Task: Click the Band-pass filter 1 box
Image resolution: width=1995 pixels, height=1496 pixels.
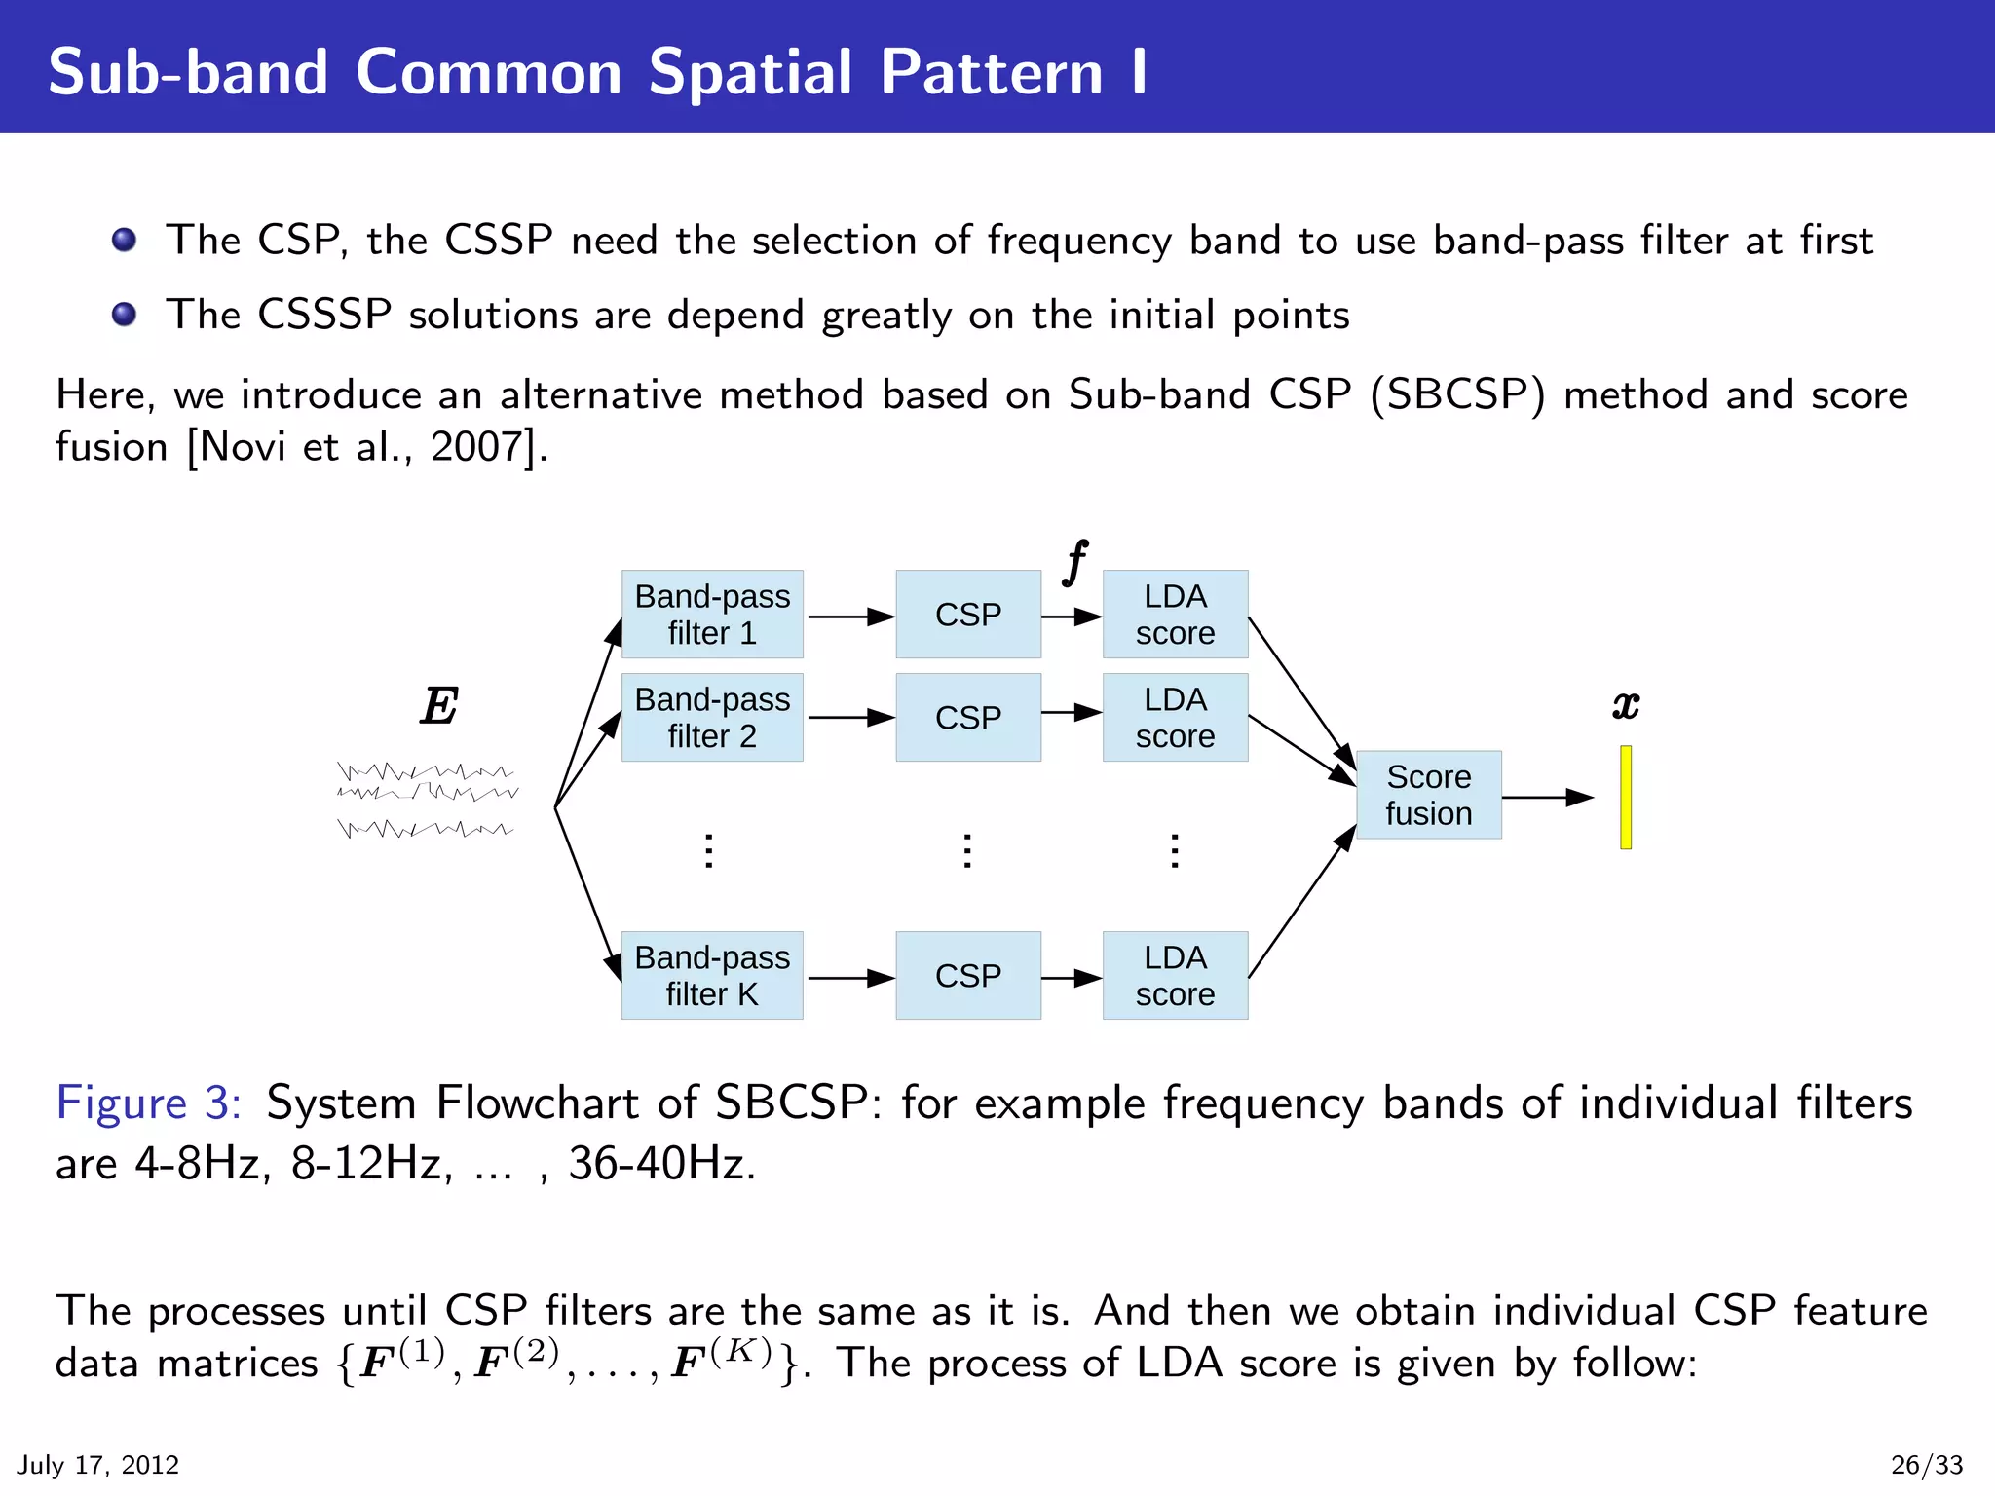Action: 712,615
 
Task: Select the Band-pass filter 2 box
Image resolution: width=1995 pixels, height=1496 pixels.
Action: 712,718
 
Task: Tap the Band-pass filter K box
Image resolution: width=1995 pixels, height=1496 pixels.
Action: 712,976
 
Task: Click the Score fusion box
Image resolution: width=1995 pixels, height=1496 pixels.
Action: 1428,795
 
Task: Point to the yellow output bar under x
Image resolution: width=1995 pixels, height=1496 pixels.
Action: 1626,798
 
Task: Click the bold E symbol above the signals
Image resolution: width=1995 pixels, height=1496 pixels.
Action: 439,706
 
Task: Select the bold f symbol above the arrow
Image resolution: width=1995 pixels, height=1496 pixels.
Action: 1075,562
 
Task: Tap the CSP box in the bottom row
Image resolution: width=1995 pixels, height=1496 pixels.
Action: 967,976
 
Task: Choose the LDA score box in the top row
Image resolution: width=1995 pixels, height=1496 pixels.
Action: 1175,615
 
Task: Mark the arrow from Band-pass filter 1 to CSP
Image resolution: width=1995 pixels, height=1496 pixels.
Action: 849,617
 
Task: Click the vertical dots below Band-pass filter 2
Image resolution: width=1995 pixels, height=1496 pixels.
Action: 709,851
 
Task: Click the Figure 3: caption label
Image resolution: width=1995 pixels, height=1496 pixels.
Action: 148,1103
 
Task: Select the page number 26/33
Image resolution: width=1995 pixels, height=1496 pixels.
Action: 1926,1465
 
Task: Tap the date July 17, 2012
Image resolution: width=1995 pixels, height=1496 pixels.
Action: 98,1465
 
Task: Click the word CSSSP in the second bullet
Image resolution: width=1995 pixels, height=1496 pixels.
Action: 324,316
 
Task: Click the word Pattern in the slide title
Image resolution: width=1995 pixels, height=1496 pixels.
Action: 991,72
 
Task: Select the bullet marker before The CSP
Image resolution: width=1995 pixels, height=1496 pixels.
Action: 124,240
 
